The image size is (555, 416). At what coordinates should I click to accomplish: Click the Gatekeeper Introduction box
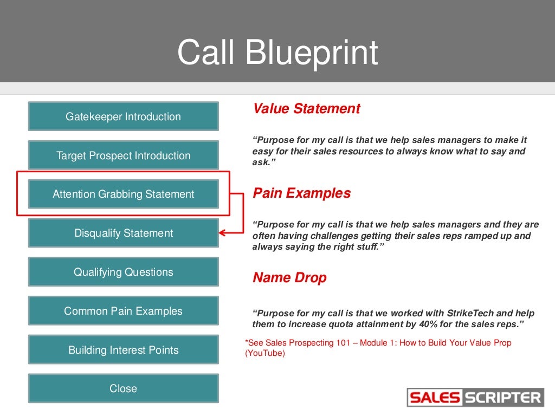coord(123,116)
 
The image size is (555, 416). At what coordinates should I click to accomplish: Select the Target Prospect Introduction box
coord(123,155)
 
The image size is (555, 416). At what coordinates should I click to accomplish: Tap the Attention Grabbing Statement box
coord(123,194)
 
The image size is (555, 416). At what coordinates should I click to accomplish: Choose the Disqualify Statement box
coord(123,233)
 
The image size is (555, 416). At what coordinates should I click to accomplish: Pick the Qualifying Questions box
coord(123,272)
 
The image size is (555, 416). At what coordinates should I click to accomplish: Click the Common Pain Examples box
coord(123,311)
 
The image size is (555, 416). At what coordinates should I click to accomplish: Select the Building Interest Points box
coord(123,350)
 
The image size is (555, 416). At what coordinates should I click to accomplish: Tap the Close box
coord(123,388)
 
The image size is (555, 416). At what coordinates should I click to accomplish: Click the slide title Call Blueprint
coord(277,53)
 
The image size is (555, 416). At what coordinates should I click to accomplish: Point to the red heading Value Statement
coord(306,109)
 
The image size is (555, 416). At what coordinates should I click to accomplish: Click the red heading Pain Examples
coord(301,193)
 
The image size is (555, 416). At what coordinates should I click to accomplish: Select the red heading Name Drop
coord(289,278)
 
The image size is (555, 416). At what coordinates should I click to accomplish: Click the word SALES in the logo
coord(435,398)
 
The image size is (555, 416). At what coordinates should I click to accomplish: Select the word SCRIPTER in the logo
coord(502,398)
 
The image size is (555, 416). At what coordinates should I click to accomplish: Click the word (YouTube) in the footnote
coord(264,353)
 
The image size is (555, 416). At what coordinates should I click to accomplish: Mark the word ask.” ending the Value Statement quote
coord(261,162)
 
